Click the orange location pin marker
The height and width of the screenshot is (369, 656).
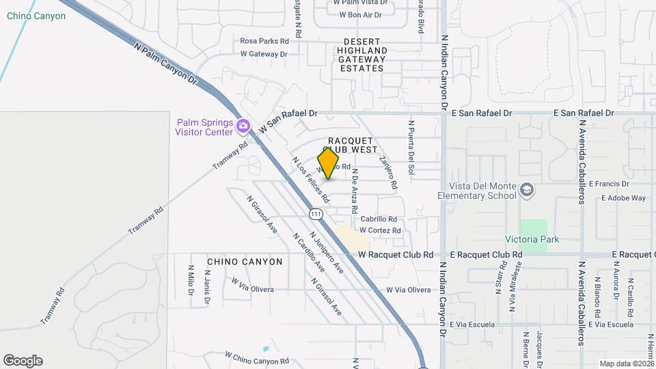(329, 163)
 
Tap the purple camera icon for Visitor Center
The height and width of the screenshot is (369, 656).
(243, 126)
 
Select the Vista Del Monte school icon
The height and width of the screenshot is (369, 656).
(526, 189)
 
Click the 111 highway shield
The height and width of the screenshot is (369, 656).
(315, 214)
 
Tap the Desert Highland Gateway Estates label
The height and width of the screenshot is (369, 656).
(361, 55)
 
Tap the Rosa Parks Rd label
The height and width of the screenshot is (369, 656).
(264, 41)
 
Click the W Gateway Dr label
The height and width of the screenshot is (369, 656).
(264, 54)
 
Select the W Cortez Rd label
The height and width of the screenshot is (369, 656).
(379, 231)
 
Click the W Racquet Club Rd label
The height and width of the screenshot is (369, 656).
(396, 254)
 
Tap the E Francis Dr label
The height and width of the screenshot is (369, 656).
(605, 184)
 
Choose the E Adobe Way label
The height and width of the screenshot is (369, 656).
(623, 198)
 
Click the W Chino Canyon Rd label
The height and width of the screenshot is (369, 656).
(257, 357)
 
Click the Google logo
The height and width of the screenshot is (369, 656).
(23, 361)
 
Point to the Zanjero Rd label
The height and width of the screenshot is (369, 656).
(387, 174)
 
